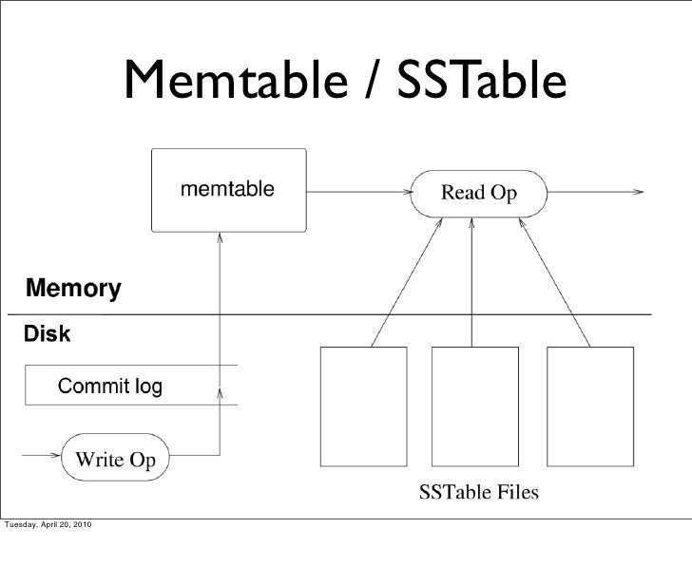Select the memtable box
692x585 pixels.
(228, 190)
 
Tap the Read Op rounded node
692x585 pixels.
(478, 193)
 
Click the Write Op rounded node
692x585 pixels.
(115, 460)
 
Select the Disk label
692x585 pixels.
(47, 335)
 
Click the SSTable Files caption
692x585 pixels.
(478, 492)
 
